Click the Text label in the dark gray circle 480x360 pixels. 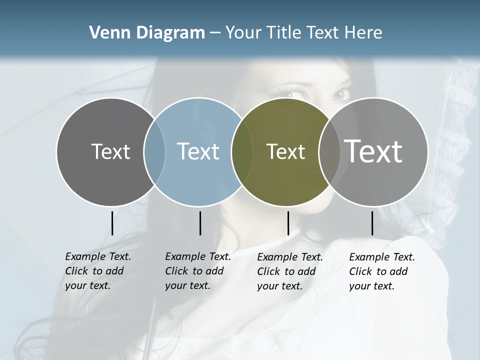110,151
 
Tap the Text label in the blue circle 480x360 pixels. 198,151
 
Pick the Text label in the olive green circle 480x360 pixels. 285,151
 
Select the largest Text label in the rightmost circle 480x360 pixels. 373,151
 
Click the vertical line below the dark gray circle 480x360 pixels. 112,223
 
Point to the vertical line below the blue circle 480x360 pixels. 200,223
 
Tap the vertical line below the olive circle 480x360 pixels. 288,223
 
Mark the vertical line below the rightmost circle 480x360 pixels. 372,223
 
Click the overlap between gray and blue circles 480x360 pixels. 154,151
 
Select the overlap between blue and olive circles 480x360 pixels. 242,151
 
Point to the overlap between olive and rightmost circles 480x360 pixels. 329,151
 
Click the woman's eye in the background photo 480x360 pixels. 341,94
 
